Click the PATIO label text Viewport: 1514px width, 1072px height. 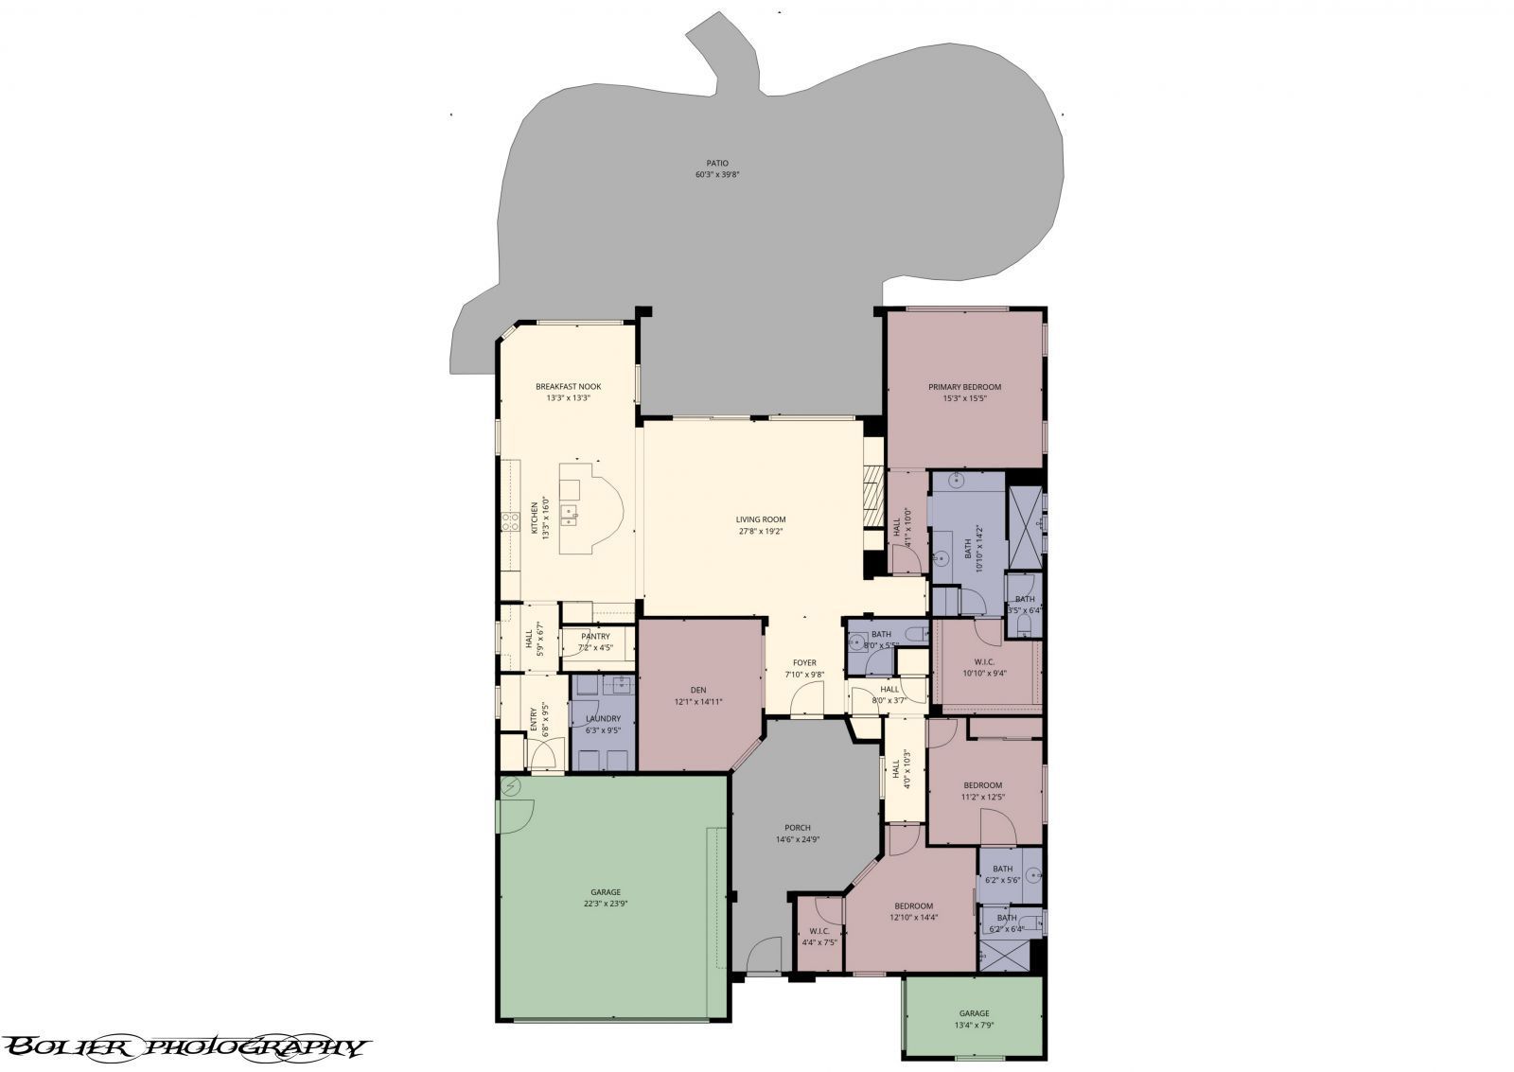pyautogui.click(x=716, y=163)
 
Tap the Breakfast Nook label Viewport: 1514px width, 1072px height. pyautogui.click(x=568, y=386)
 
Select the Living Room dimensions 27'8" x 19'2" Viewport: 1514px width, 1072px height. pyautogui.click(x=761, y=531)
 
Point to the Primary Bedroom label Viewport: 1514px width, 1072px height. pyautogui.click(x=964, y=386)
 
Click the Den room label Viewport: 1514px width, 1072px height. pyautogui.click(x=698, y=690)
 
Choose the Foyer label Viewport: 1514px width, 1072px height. pyautogui.click(x=804, y=662)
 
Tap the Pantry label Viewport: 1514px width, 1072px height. pyautogui.click(x=596, y=636)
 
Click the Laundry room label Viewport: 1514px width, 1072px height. pyautogui.click(x=603, y=718)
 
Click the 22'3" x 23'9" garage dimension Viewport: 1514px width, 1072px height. pyautogui.click(x=606, y=904)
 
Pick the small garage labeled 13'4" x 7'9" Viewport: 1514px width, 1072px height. pyautogui.click(x=974, y=1018)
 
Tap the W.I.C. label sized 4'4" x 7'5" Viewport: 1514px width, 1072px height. pyautogui.click(x=819, y=931)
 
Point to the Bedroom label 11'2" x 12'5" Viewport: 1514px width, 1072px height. pyautogui.click(x=983, y=785)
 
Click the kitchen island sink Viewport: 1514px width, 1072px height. pyautogui.click(x=572, y=517)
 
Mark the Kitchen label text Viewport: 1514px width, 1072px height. pyautogui.click(x=534, y=519)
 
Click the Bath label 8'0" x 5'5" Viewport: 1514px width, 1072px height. pyautogui.click(x=881, y=634)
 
